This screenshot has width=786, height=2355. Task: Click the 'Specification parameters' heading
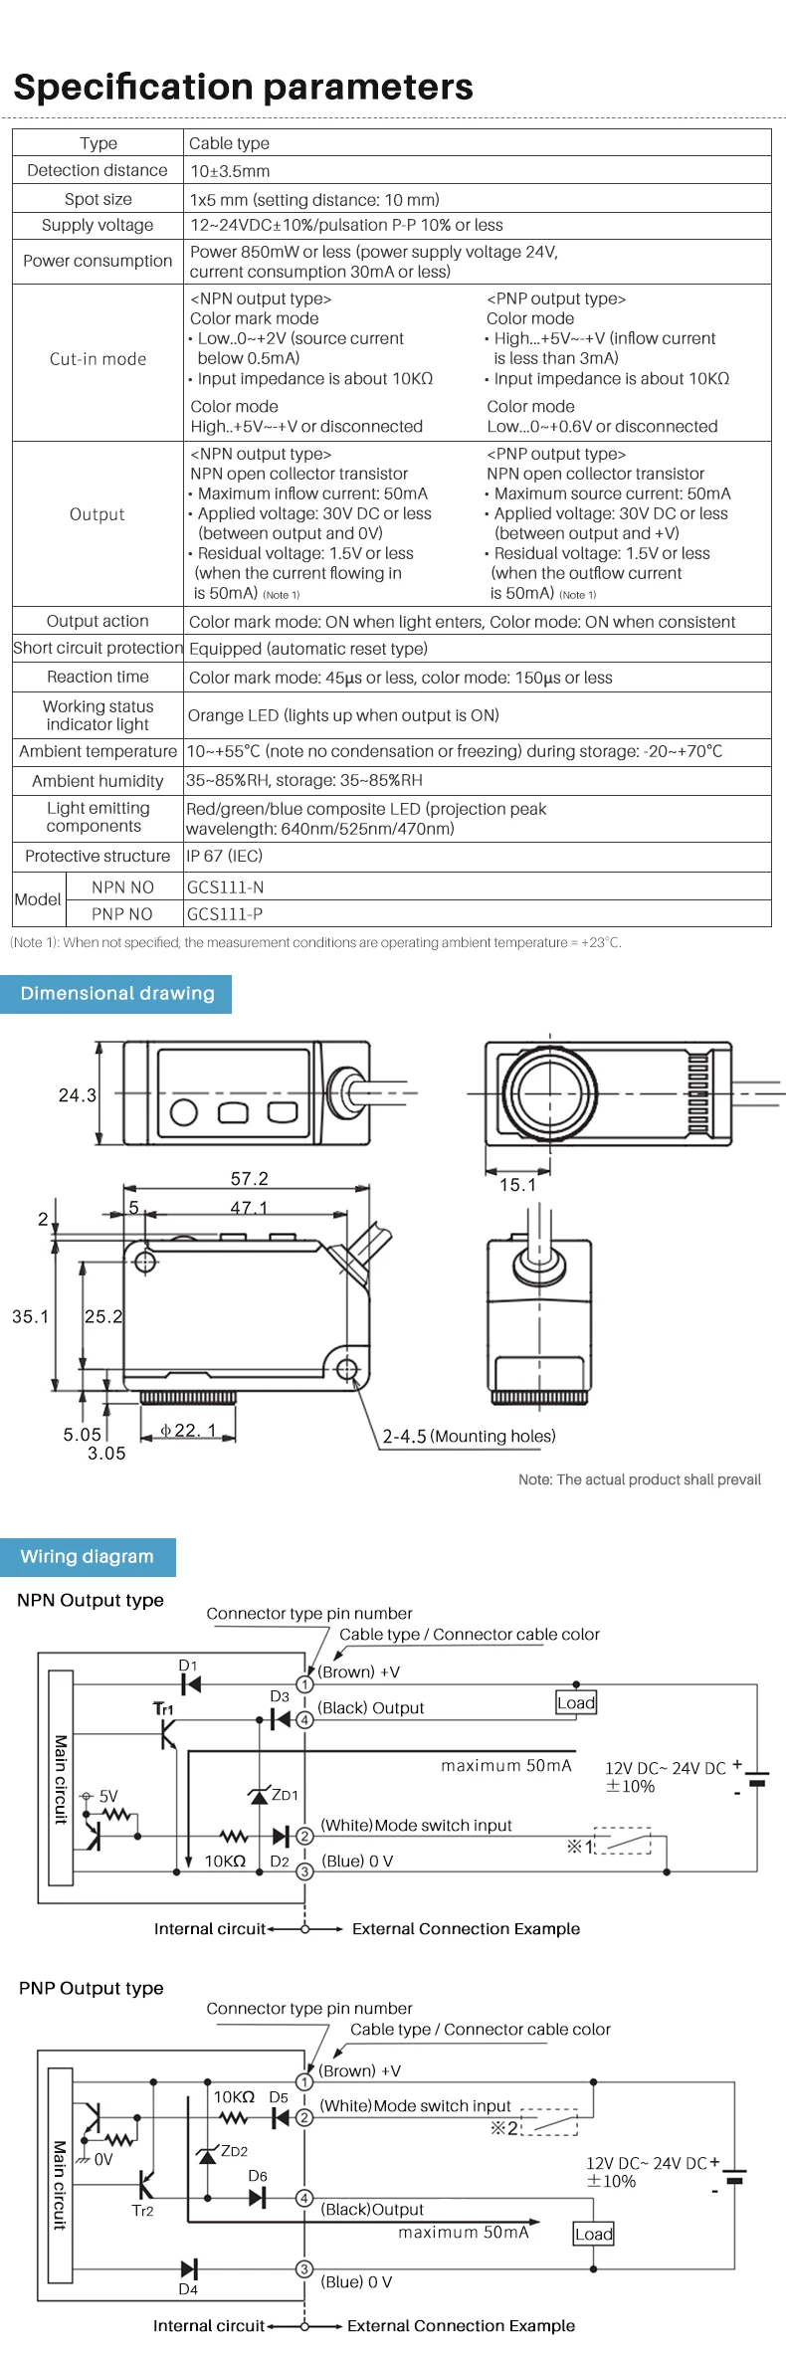coord(244,88)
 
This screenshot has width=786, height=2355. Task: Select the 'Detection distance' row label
coord(98,170)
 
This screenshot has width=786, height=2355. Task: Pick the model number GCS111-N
coord(226,887)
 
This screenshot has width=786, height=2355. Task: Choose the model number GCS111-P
coord(225,914)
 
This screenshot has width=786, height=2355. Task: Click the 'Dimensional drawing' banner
coord(116,993)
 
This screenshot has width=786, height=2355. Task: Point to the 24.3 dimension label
coord(78,1095)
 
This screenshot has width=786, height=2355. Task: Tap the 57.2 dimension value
coord(250,1179)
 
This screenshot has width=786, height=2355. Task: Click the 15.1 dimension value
coord(517,1185)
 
